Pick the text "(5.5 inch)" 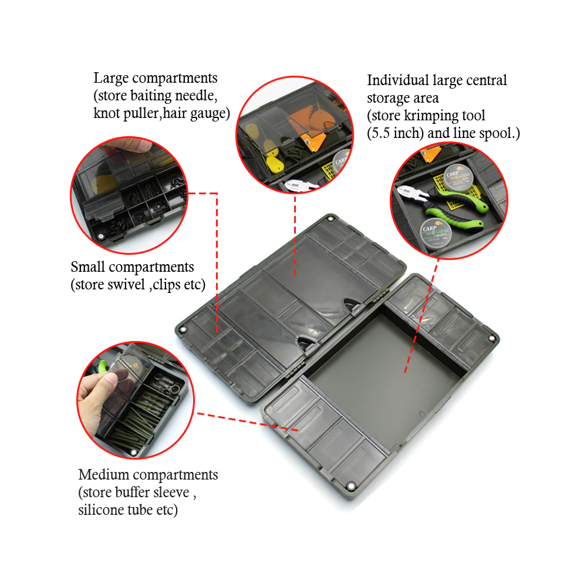click(x=395, y=133)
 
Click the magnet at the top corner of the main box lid click(x=330, y=218)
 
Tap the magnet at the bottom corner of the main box click(x=351, y=486)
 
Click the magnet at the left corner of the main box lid click(x=183, y=330)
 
